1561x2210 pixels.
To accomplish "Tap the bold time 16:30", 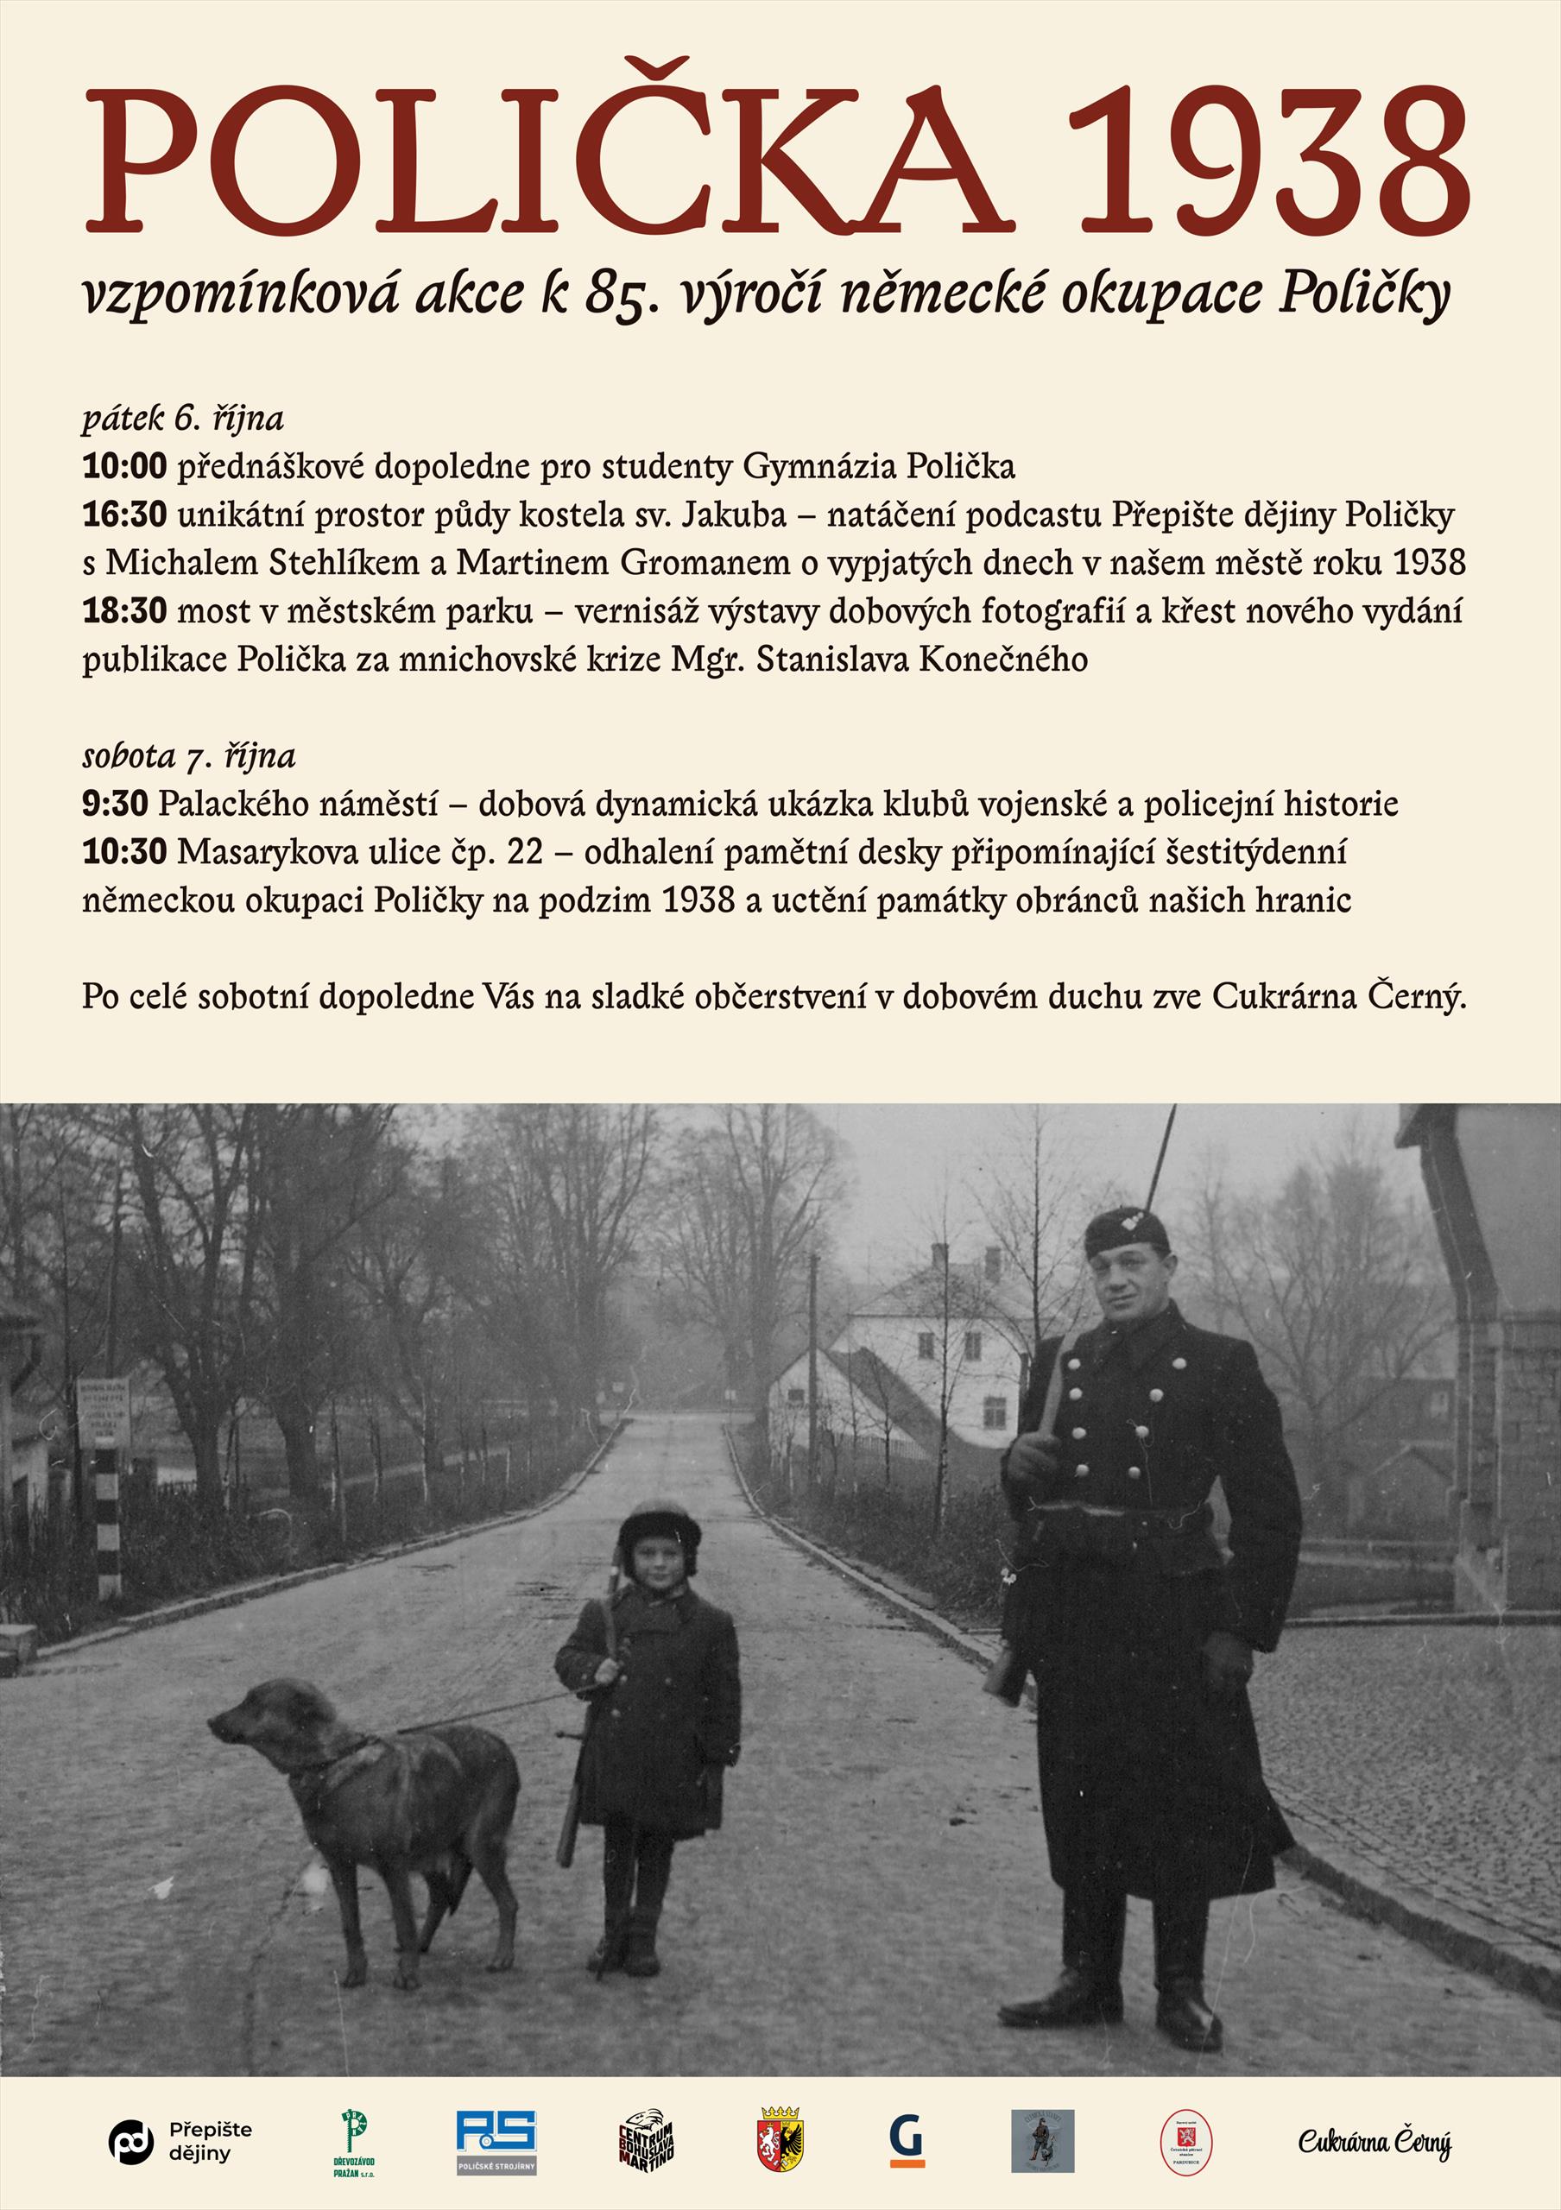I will (124, 516).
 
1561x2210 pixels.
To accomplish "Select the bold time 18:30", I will (124, 612).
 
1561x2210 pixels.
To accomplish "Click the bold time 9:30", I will (116, 805).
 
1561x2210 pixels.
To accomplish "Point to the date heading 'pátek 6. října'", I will (183, 420).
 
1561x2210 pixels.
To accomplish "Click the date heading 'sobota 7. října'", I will (188, 756).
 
